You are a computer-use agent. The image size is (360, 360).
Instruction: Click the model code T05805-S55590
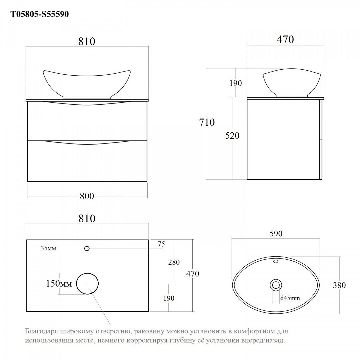pos(40,14)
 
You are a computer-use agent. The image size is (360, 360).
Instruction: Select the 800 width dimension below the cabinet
pos(87,196)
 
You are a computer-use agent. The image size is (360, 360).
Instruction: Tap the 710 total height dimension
pos(207,122)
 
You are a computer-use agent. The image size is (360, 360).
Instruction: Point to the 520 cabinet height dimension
pos(232,136)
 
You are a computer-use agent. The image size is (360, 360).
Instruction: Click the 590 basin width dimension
pos(276,233)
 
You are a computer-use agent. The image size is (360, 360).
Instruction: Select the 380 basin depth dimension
pos(339,285)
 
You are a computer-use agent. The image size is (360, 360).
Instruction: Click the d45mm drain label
pos(290,298)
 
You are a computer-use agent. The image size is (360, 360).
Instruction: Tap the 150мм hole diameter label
pos(59,284)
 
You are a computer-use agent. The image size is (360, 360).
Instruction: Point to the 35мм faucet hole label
pos(48,248)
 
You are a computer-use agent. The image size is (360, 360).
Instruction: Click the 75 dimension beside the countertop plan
pos(161,244)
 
